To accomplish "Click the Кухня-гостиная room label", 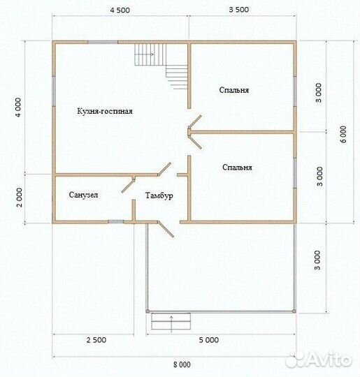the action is coord(105,111).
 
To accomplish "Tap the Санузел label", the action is coord(83,195).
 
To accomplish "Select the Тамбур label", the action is coord(159,195).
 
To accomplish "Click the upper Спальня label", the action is coord(233,90).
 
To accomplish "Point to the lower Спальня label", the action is coord(237,168).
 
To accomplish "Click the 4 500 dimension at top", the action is coord(120,10).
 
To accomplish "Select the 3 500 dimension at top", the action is coord(239,10).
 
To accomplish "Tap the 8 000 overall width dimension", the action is coord(182,364).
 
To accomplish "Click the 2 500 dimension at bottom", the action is coord(96,340).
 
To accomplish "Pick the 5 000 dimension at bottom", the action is coord(209,340).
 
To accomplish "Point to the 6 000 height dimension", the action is coord(344,134).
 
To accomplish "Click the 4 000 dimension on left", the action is coord(18,108).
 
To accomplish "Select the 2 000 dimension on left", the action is coord(20,198).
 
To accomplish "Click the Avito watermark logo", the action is coord(318,360).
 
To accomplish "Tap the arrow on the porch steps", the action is coord(171,324).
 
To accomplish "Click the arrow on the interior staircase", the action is coord(144,54).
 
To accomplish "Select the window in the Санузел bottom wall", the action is coord(116,222).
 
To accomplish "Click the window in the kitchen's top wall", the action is coord(103,42).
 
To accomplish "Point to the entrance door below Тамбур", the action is coord(166,229).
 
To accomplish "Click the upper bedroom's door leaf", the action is coord(195,121).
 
